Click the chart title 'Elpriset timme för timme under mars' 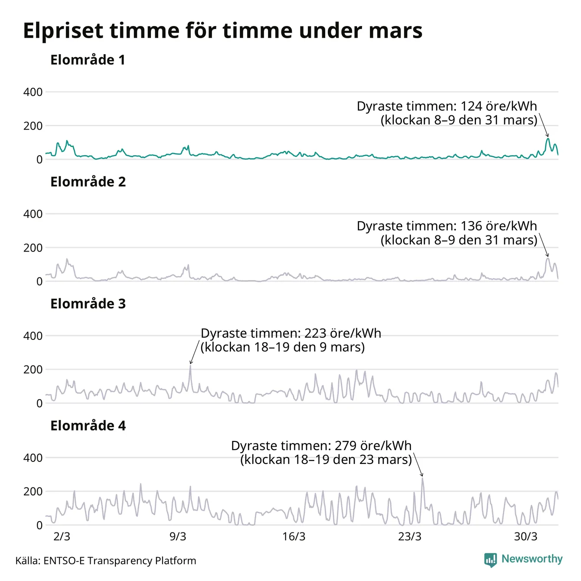click(222, 31)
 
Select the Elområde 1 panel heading click(88, 60)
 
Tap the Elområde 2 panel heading click(88, 182)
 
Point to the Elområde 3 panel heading click(88, 304)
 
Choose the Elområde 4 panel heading click(88, 426)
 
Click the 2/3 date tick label click(62, 537)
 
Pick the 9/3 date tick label click(178, 537)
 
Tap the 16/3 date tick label click(294, 537)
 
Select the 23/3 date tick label click(410, 537)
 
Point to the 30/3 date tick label click(526, 537)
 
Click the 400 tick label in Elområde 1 click(33, 92)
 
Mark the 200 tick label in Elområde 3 click(33, 369)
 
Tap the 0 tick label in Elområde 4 click(39, 525)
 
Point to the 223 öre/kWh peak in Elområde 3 click(190, 366)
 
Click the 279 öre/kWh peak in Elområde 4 click(422, 478)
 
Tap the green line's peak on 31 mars click(548, 139)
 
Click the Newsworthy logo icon click(490, 560)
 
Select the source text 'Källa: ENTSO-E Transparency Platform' click(106, 561)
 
